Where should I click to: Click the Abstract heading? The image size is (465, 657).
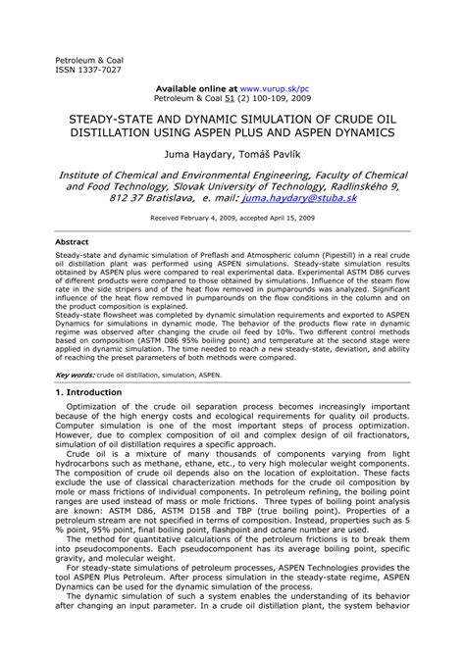point(72,240)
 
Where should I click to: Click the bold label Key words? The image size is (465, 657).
point(75,374)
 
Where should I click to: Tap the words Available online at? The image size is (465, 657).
point(195,87)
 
